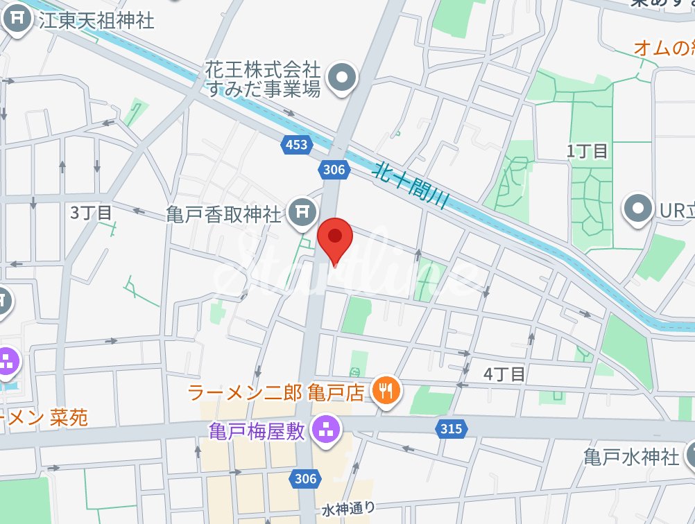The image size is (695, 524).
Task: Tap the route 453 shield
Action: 295,144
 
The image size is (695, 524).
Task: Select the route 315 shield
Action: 451,429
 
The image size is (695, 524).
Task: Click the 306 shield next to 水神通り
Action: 305,478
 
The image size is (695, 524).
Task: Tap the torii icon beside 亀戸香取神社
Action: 302,213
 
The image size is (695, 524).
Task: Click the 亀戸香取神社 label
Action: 224,214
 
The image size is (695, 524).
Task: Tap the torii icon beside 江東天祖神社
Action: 17,20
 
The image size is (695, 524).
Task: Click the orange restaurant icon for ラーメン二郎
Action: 385,392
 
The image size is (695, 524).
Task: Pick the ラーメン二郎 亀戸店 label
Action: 276,393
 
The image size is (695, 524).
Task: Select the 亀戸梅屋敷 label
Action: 257,430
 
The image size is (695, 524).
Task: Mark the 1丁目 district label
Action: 587,151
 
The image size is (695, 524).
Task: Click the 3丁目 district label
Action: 92,213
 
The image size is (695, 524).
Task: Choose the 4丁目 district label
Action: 504,374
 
